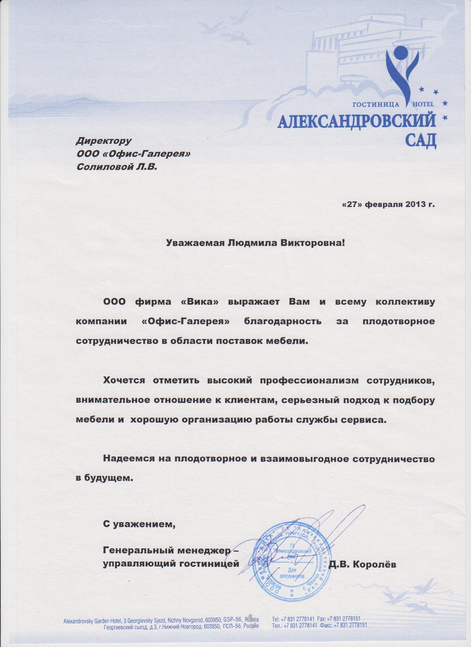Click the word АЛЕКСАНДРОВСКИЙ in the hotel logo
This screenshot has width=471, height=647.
pyautogui.click(x=356, y=121)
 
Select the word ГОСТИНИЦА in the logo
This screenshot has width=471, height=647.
pyautogui.click(x=376, y=105)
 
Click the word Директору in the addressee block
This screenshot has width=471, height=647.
pyautogui.click(x=103, y=140)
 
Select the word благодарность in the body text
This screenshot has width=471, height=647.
pyautogui.click(x=283, y=321)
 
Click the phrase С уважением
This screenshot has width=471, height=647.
pyautogui.click(x=138, y=524)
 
